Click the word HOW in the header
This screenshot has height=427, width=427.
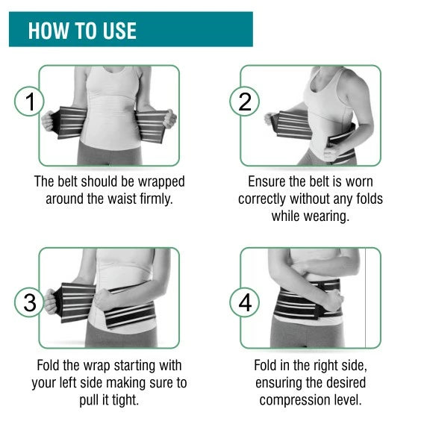48,31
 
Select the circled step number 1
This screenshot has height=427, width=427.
29,101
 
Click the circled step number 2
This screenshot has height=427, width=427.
244,101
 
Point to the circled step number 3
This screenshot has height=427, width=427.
29,302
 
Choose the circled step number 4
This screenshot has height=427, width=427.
244,302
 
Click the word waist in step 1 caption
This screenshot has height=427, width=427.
122,199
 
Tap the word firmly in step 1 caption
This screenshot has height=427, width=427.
156,199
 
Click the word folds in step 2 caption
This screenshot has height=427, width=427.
369,199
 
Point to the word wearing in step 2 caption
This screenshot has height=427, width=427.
326,216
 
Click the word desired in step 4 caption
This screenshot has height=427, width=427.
346,383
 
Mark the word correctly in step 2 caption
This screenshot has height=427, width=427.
261,199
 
